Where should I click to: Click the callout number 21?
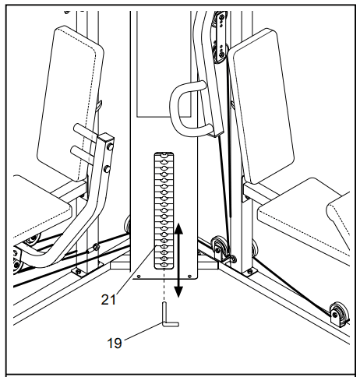pyautogui.click(x=108, y=300)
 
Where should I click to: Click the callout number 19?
pyautogui.click(x=115, y=343)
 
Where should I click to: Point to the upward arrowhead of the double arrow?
pyautogui.click(x=178, y=228)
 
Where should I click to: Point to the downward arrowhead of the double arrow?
pyautogui.click(x=178, y=291)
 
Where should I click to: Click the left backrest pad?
pyautogui.click(x=70, y=104)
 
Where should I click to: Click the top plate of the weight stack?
pyautogui.click(x=164, y=156)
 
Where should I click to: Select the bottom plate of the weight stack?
pyautogui.click(x=164, y=265)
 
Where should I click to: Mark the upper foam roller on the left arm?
pyautogui.click(x=85, y=132)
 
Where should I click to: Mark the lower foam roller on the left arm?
pyautogui.click(x=83, y=153)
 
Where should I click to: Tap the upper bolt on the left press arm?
pyautogui.click(x=110, y=147)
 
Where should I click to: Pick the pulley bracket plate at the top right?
pyautogui.click(x=221, y=37)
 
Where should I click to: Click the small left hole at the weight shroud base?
pyautogui.click(x=139, y=276)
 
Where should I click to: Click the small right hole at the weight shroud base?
pyautogui.click(x=189, y=276)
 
